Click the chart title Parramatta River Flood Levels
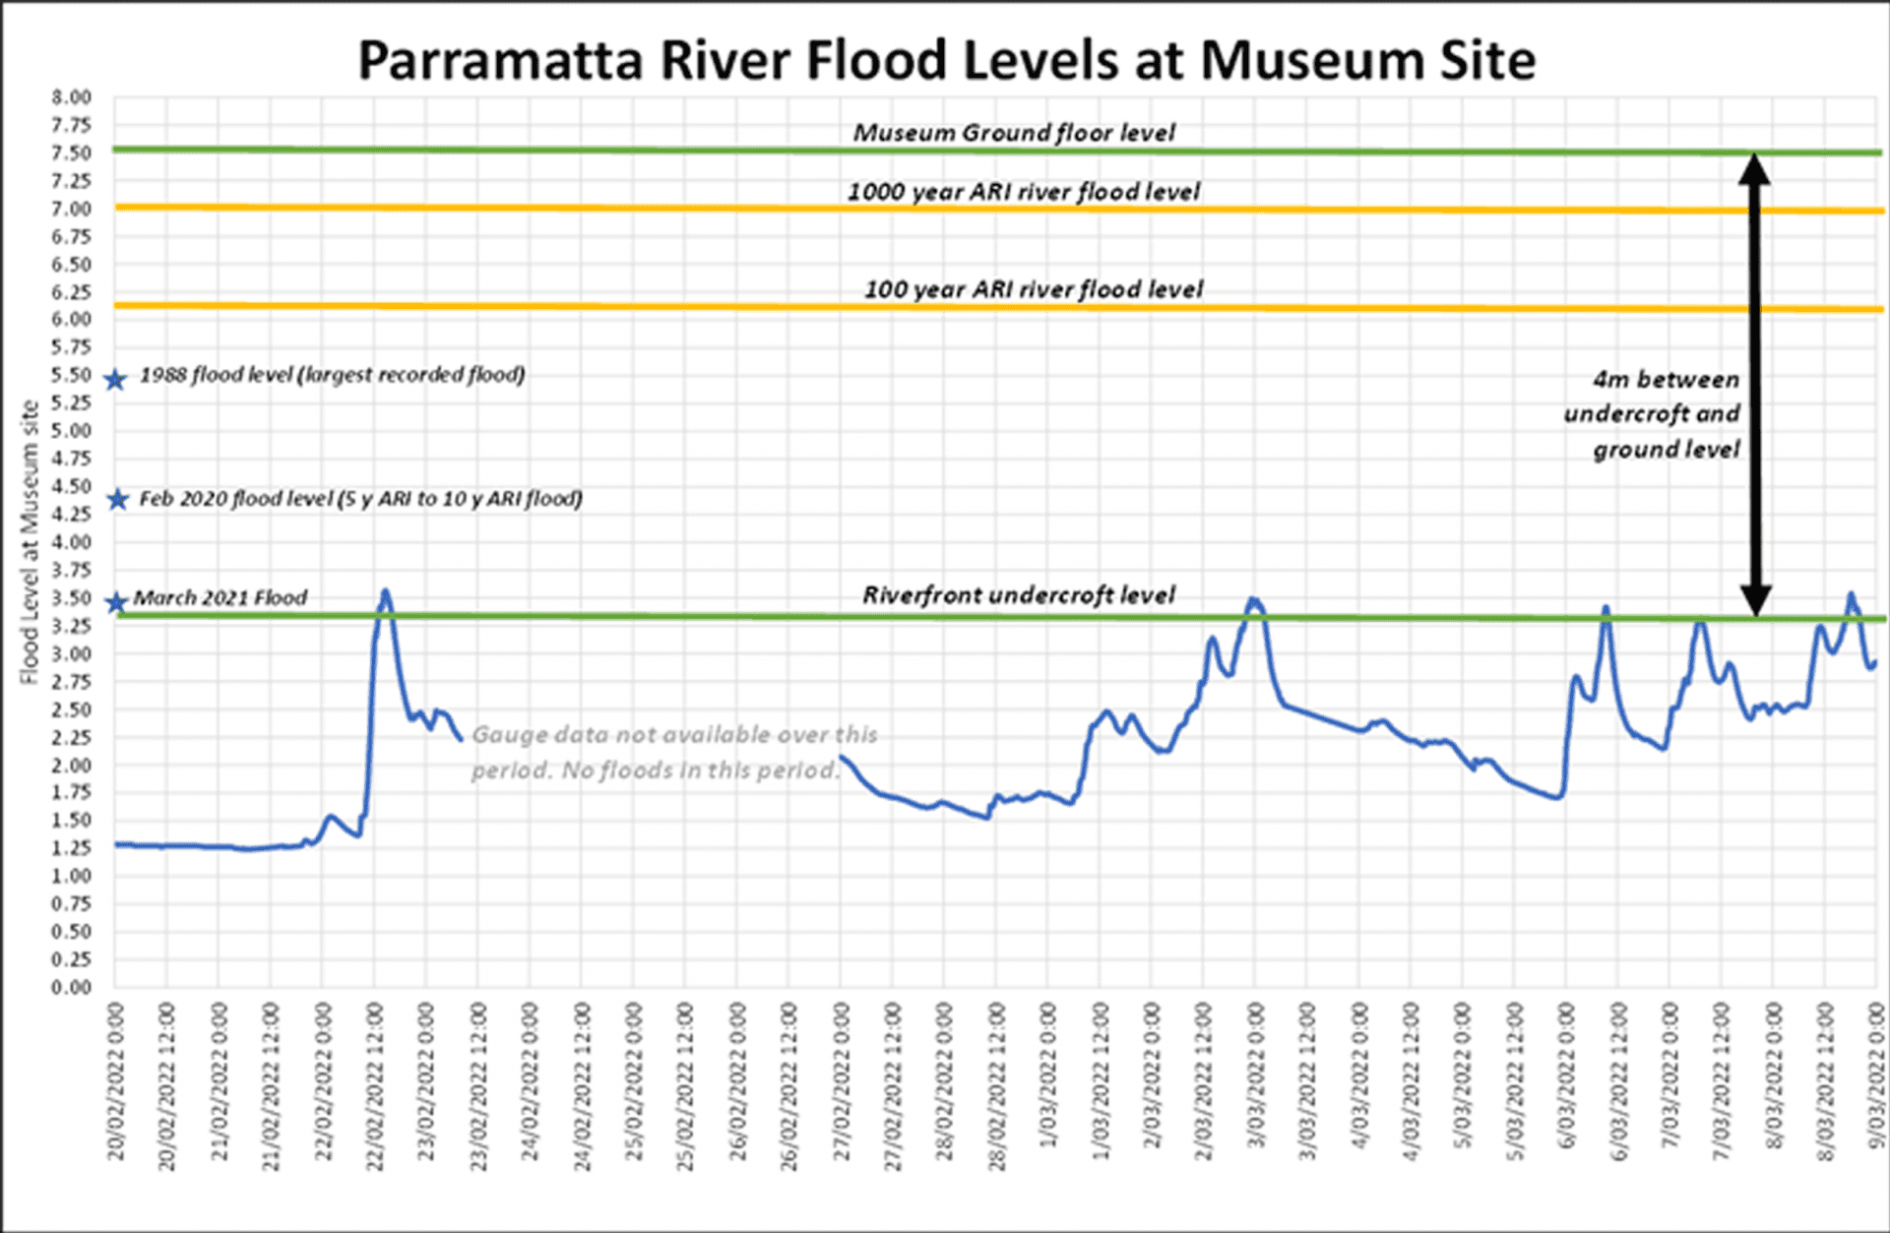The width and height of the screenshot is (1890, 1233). [x=946, y=61]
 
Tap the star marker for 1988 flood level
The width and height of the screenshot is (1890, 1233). [x=116, y=380]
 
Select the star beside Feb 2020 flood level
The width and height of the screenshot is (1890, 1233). [x=118, y=500]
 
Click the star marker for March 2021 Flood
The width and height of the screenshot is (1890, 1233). [x=117, y=602]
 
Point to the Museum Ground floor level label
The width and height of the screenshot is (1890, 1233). [x=1013, y=133]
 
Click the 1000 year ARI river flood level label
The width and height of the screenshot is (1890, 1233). [x=1023, y=192]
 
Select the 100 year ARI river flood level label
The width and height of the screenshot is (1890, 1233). [x=1033, y=289]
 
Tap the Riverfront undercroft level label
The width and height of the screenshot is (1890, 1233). [x=1018, y=595]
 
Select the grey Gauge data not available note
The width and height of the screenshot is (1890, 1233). [x=673, y=753]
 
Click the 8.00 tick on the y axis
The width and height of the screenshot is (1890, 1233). [x=72, y=97]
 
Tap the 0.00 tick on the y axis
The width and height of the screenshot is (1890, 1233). [x=72, y=987]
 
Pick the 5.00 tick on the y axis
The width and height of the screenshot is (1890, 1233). [x=72, y=431]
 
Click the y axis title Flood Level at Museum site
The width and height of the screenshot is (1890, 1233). [x=29, y=542]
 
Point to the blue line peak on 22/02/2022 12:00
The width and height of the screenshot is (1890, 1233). [x=385, y=591]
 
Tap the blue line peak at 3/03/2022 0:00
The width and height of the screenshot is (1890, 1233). [x=1253, y=599]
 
